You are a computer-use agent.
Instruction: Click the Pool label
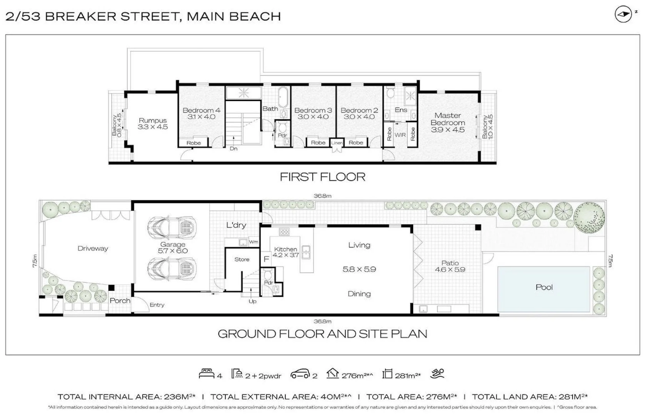pos(544,287)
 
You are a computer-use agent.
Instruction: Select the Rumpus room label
pos(153,121)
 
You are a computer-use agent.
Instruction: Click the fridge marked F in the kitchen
pos(267,259)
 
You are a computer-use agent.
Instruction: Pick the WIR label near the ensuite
pos(400,135)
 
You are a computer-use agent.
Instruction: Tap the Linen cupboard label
pos(337,143)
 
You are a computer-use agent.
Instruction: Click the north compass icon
pos(623,14)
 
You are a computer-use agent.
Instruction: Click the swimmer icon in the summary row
pos(437,373)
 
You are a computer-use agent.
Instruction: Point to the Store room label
pos(242,260)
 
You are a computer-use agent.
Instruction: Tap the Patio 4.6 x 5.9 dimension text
pos(450,270)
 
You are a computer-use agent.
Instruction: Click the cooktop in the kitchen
pos(284,232)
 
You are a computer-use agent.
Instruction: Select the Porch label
pos(120,300)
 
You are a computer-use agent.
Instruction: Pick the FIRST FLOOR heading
pos(322,177)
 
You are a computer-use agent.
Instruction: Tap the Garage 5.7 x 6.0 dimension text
pos(173,251)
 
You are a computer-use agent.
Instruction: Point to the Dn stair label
pos(233,149)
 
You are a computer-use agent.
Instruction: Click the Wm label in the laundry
pos(253,242)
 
